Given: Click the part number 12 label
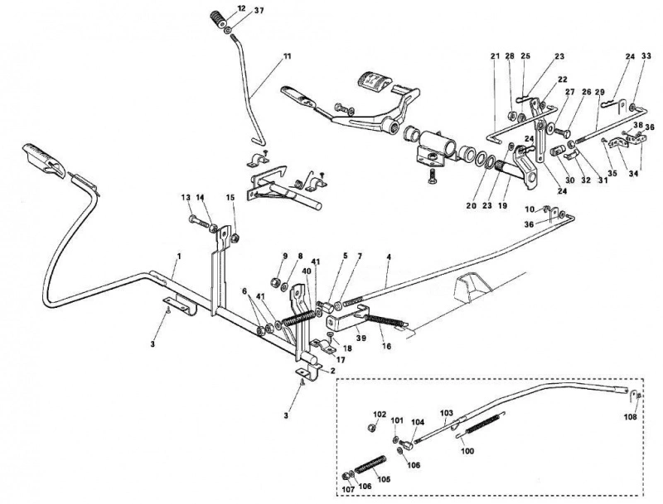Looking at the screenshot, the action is click(241, 8).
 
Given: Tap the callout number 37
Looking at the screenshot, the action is click(259, 11).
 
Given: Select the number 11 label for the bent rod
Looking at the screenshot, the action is click(287, 55).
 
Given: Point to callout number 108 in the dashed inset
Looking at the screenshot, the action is click(630, 416).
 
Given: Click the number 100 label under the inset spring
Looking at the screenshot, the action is click(467, 451).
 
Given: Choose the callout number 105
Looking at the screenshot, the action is click(384, 479).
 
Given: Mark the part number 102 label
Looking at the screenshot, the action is click(380, 414).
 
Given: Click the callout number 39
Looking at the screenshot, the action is click(361, 338).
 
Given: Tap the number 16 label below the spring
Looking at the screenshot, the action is click(386, 347).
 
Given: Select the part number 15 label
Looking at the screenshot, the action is click(230, 197).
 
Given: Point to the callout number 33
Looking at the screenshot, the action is click(646, 55).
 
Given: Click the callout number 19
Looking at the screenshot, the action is click(502, 205).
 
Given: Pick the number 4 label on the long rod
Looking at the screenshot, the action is click(389, 257).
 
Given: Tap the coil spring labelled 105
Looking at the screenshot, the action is click(370, 463).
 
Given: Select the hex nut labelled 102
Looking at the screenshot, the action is click(372, 428).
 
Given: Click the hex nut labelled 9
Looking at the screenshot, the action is click(276, 281).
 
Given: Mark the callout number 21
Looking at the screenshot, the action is click(495, 55).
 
